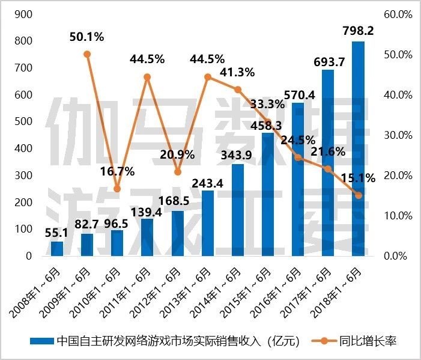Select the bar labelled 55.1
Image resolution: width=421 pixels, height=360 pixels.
pyautogui.click(x=57, y=249)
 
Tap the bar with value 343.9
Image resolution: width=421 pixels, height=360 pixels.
pyautogui.click(x=238, y=210)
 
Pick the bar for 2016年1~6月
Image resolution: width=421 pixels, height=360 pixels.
pyautogui.click(x=298, y=180)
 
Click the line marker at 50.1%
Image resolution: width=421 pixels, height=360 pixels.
pyautogui.click(x=87, y=54)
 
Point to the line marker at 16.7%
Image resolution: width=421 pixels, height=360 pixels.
pyautogui.click(x=117, y=189)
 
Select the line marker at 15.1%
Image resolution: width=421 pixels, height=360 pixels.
pyautogui.click(x=358, y=195)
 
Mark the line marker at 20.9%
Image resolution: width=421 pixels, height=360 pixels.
pyautogui.click(x=177, y=172)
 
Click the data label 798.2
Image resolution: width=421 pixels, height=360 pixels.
pyautogui.click(x=358, y=30)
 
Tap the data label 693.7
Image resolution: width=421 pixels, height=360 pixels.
pyautogui.click(x=328, y=61)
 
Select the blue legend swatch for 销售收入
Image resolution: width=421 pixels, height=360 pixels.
pyautogui.click(x=41, y=341)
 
